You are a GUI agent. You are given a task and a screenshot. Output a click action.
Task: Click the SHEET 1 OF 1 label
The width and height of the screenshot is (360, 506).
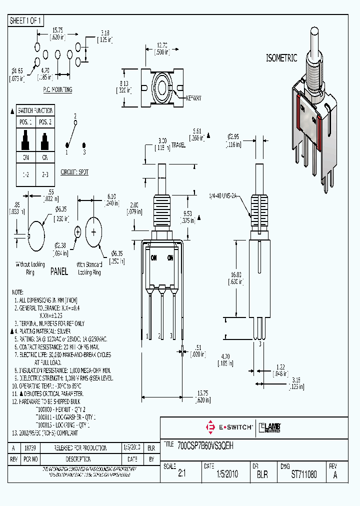pyautogui.click(x=26, y=20)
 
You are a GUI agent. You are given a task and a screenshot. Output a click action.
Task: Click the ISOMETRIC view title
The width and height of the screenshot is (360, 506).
pyautogui.click(x=281, y=58)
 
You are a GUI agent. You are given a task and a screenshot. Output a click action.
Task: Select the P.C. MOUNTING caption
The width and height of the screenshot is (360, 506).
pyautogui.click(x=57, y=90)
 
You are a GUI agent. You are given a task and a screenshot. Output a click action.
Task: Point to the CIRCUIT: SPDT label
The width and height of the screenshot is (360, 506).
pyautogui.click(x=74, y=171)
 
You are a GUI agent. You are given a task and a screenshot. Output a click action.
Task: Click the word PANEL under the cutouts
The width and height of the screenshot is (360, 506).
pyautogui.click(x=59, y=272)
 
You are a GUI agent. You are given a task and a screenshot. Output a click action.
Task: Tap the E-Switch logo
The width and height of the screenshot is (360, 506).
pyautogui.click(x=229, y=426)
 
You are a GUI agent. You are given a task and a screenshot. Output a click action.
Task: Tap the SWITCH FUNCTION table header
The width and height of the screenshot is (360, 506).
pyautogui.click(x=35, y=110)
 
